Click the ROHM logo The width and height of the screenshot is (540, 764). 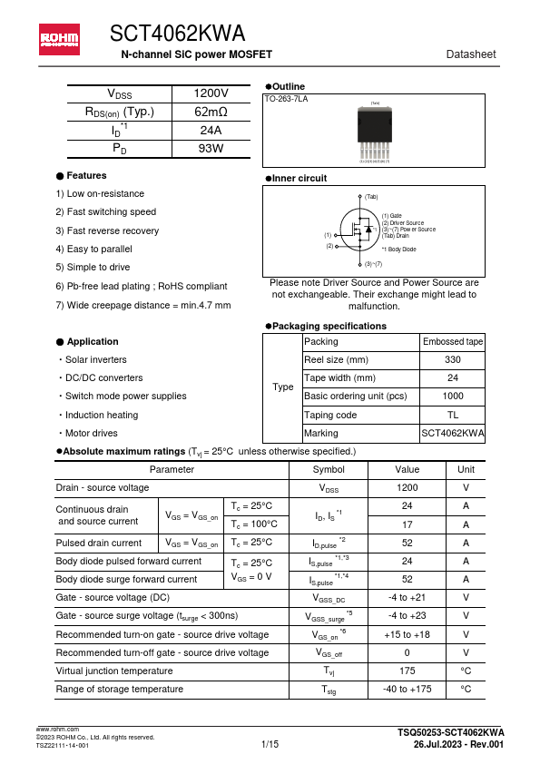coord(58,37)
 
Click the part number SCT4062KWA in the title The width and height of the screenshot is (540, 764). coord(177,34)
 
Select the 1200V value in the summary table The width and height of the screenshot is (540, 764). coord(211,94)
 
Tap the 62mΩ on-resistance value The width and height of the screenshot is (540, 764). coord(211,113)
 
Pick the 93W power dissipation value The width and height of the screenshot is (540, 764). coord(211,148)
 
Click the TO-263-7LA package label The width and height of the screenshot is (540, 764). coord(286,98)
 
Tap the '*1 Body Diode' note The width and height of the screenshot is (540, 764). coord(398,249)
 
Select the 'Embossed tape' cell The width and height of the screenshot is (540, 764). coord(453,342)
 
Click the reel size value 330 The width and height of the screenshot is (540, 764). coord(453,360)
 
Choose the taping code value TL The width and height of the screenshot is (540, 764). coord(453,415)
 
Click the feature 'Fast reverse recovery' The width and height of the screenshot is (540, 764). coord(107,230)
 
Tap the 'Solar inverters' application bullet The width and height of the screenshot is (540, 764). coord(94,359)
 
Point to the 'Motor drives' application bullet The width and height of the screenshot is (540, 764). coord(90,433)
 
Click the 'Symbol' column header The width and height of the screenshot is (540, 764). coord(328,469)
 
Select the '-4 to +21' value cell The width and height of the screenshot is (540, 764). coord(407,598)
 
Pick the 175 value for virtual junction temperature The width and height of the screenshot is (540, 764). coord(407,671)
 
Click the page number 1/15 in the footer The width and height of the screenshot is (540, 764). coord(270,744)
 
